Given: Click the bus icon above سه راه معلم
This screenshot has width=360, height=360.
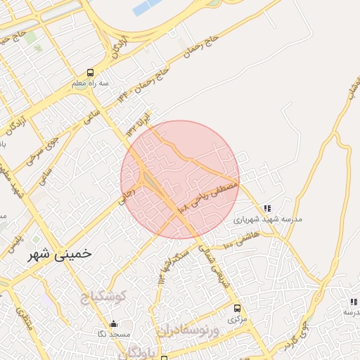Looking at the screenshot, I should click(x=89, y=72).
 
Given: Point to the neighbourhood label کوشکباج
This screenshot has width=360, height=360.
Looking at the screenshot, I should click(x=102, y=297).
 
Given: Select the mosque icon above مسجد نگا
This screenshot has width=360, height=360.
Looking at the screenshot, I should click(x=114, y=323).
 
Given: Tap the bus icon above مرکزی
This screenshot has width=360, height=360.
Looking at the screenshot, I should click(x=237, y=308).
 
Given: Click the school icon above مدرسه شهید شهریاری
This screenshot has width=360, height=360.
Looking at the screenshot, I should click(x=266, y=208).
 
